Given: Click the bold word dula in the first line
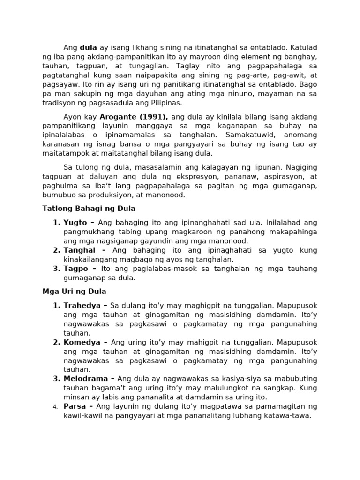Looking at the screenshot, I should click(x=89, y=47).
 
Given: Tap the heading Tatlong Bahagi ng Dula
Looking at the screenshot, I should click(x=89, y=208).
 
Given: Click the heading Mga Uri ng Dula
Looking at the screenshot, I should click(x=75, y=291).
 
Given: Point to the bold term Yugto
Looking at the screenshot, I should click(x=75, y=223).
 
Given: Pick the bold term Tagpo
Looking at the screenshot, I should click(x=76, y=269).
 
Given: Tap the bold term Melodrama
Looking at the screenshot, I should click(x=86, y=379).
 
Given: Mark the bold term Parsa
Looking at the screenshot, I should click(x=75, y=406).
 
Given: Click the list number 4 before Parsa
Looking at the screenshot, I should click(x=54, y=406).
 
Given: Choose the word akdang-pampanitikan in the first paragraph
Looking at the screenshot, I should click(x=115, y=57).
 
